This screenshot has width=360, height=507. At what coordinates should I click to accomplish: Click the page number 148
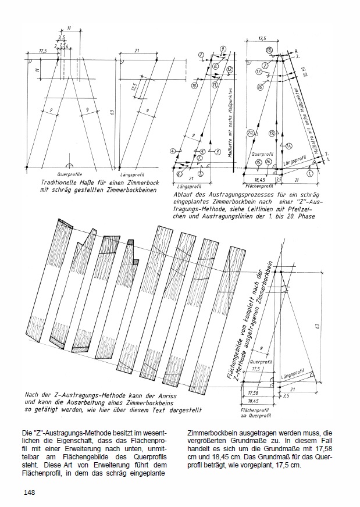coord(30,492)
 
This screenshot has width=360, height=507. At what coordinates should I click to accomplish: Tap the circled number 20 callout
coord(249,133)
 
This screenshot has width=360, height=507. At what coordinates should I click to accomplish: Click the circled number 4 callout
coord(173,151)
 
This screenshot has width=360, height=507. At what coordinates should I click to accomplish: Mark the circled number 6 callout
coord(179,174)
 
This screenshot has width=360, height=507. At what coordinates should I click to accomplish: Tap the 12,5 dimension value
coord(133,87)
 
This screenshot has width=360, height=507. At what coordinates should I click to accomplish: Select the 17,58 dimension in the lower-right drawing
coord(252,392)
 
